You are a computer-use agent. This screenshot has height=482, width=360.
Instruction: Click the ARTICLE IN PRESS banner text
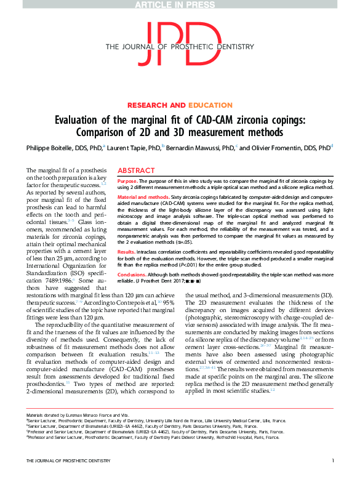tap(180, 5)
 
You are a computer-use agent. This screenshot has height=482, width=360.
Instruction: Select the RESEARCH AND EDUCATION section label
tap(180, 105)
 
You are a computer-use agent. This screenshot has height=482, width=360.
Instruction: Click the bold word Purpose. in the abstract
tap(127, 182)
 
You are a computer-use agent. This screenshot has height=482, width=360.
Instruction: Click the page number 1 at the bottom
tap(332, 460)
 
